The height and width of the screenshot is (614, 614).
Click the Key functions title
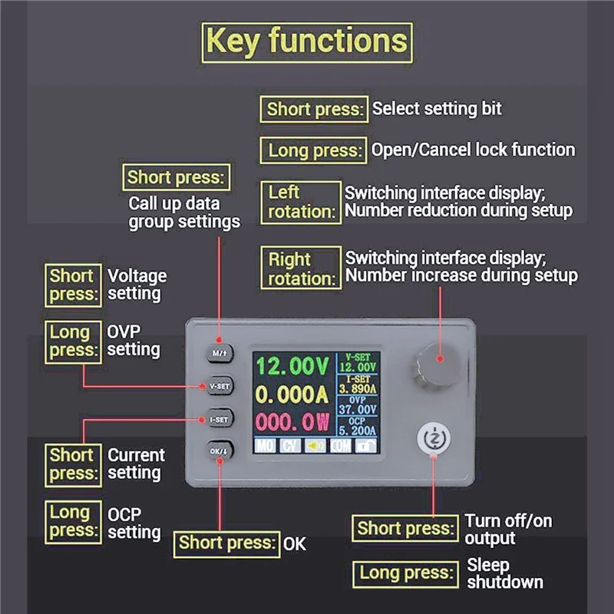click(307, 42)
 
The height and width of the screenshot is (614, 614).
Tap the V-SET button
click(220, 386)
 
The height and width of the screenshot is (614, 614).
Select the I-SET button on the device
click(220, 419)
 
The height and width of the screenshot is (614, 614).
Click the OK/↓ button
click(220, 452)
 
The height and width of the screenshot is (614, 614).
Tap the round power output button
click(433, 438)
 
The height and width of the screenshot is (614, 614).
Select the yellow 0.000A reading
click(292, 394)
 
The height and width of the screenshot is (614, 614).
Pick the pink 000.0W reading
click(292, 422)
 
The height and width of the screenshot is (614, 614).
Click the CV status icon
click(289, 445)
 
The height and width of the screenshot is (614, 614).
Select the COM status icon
click(340, 445)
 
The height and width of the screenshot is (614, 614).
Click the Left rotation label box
click(301, 202)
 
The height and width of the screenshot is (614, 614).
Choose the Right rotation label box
click(301, 269)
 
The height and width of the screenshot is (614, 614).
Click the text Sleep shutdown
click(504, 573)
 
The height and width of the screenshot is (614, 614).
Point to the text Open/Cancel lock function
click(473, 150)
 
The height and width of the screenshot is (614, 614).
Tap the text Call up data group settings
click(183, 213)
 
